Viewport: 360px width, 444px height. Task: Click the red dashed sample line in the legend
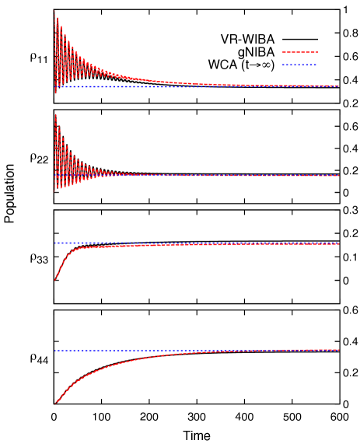(299, 53)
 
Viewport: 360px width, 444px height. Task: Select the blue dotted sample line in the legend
(299, 65)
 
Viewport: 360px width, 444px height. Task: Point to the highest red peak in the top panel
(54, 11)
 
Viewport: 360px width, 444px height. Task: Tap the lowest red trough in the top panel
(55, 93)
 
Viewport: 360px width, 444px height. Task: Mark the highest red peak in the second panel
(55, 115)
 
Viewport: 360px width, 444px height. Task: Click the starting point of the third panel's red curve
(54, 280)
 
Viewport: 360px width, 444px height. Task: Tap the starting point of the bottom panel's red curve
(54, 404)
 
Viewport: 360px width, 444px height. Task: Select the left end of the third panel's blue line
(54, 243)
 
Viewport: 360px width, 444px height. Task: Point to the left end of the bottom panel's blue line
(54, 350)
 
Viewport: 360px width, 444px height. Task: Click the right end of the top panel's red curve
(338, 86)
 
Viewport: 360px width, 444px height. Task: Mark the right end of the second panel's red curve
(338, 176)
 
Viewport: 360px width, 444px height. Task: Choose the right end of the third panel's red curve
(338, 244)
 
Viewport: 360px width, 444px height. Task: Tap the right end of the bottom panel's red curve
(338, 350)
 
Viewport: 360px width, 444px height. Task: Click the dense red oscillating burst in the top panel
(66, 54)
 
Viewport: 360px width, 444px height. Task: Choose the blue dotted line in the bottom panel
(194, 350)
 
